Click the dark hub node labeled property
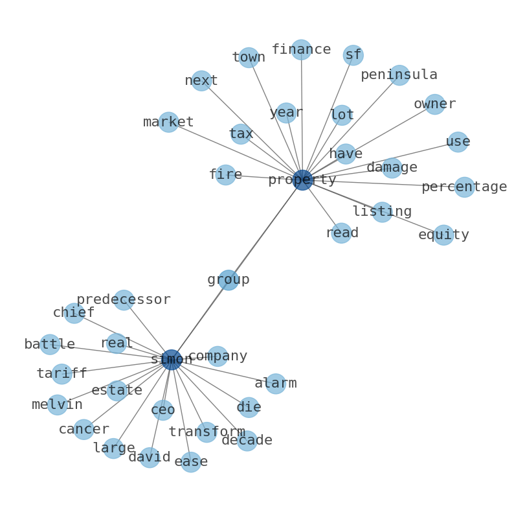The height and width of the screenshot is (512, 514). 302,180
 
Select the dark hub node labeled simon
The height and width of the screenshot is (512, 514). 171,360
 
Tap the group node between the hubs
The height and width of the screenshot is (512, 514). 229,280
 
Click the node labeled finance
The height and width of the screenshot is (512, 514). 301,49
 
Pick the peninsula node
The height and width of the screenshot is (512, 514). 399,75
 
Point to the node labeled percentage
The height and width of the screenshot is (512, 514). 465,187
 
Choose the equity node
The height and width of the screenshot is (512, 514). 443,235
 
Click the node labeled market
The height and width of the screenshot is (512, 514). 168,122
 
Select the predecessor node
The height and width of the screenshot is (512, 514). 124,300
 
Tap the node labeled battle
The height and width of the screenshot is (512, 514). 50,344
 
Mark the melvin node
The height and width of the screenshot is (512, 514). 58,404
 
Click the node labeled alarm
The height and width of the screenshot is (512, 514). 276,383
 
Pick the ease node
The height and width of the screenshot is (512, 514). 191,462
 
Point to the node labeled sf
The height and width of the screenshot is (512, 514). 353,55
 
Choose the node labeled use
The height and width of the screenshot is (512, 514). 458,142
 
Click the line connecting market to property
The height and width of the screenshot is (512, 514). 236,151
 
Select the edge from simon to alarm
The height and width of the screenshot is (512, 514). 223,371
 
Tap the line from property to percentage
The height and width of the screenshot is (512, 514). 383,183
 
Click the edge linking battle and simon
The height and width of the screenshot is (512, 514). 111,352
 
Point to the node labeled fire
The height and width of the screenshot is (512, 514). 225,174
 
